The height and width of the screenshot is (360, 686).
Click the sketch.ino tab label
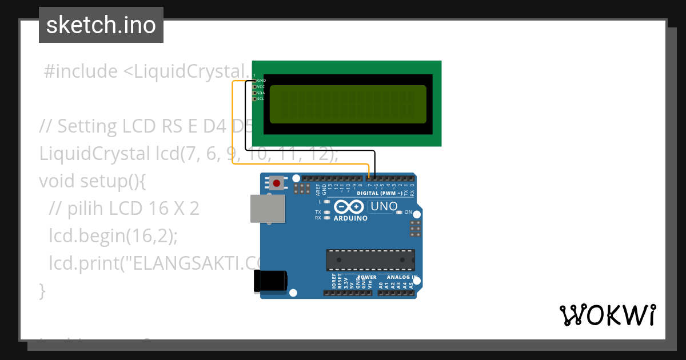101,25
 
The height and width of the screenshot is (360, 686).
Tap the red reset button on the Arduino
277,183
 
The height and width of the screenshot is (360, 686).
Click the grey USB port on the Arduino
268,209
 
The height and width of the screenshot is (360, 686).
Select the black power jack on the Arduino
270,281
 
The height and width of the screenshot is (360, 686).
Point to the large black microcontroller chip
370,259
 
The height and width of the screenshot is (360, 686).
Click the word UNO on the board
385,206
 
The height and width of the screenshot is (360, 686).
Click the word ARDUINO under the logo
350,218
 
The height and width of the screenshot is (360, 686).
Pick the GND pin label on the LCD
261,81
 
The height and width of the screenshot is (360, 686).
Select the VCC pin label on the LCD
261,87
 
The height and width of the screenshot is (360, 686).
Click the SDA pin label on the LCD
261,93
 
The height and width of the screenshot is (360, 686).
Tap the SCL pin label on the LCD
261,99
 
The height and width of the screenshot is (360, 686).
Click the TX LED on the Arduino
326,213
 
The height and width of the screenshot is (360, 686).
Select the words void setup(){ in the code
93,181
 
